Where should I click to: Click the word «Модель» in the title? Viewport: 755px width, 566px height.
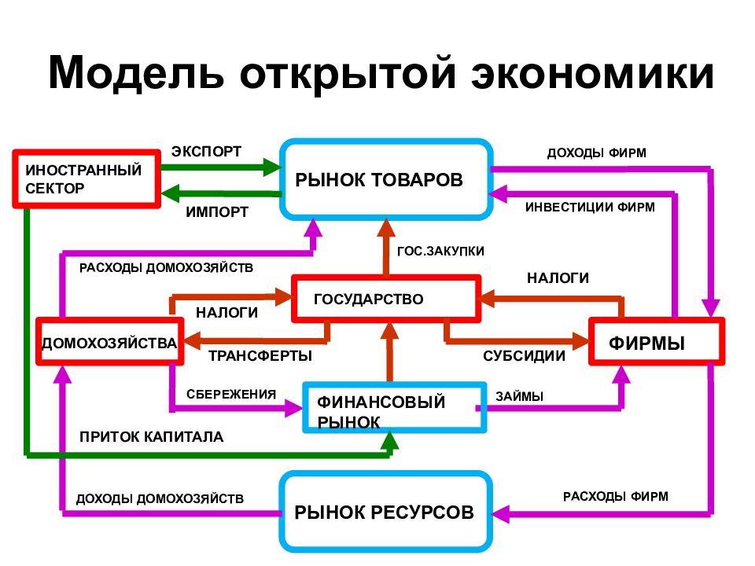pyautogui.click(x=136, y=72)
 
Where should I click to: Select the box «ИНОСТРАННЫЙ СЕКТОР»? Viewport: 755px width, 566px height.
pyautogui.click(x=87, y=179)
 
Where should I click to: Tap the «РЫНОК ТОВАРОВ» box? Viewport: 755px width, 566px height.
pyautogui.click(x=387, y=179)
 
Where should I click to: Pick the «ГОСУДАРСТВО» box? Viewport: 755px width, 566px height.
pyautogui.click(x=387, y=299)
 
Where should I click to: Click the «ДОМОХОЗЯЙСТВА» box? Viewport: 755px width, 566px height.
pyautogui.click(x=110, y=341)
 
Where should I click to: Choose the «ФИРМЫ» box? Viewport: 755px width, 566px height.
pyautogui.click(x=657, y=341)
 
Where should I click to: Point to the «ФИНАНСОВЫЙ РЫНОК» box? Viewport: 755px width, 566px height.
pyautogui.click(x=394, y=408)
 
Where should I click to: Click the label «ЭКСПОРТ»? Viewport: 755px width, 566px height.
pyautogui.click(x=207, y=152)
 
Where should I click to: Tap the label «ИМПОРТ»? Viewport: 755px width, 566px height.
pyautogui.click(x=217, y=212)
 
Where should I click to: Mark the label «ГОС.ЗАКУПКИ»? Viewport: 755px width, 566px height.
pyautogui.click(x=440, y=252)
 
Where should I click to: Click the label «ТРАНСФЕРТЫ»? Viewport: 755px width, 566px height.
pyautogui.click(x=260, y=356)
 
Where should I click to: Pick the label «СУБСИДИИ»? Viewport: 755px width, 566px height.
pyautogui.click(x=525, y=356)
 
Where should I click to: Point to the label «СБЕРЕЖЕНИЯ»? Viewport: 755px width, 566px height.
pyautogui.click(x=231, y=394)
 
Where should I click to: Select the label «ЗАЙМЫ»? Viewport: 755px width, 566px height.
pyautogui.click(x=520, y=396)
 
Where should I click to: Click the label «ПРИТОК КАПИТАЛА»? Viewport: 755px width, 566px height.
pyautogui.click(x=152, y=437)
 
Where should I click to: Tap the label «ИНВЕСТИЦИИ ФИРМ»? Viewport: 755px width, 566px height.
pyautogui.click(x=591, y=208)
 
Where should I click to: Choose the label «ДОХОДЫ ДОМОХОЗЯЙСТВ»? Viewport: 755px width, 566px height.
pyautogui.click(x=160, y=498)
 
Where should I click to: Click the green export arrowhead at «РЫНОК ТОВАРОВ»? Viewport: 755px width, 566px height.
pyautogui.click(x=273, y=167)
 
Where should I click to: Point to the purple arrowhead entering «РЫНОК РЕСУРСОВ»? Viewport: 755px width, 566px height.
pyautogui.click(x=501, y=513)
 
